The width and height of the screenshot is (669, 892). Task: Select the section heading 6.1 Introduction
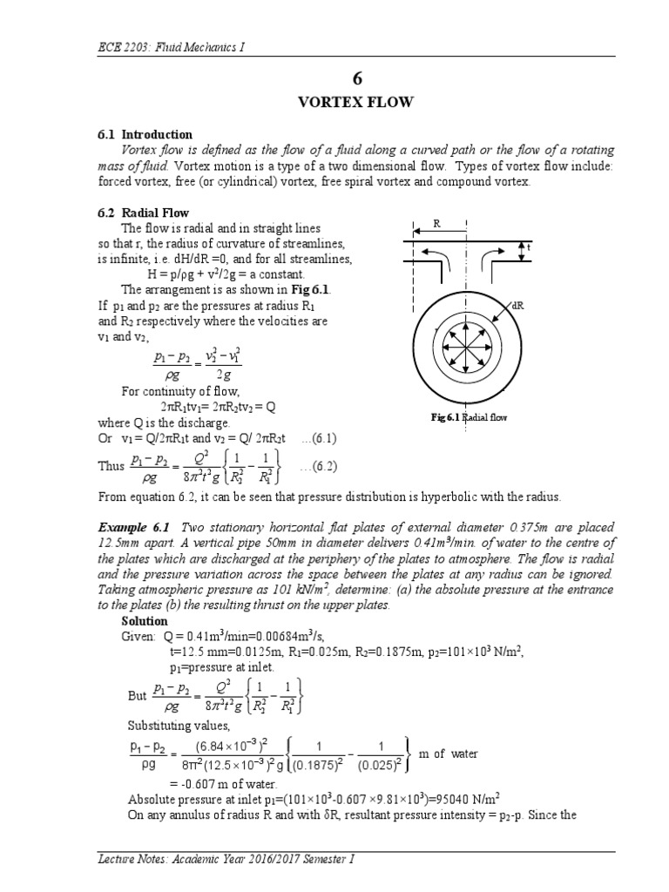[145, 135]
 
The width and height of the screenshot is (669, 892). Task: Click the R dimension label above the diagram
[438, 225]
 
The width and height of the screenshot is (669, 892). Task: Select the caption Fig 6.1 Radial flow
[469, 417]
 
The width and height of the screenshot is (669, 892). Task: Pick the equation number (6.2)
[317, 468]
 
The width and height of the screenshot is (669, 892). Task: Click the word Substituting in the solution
[157, 725]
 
